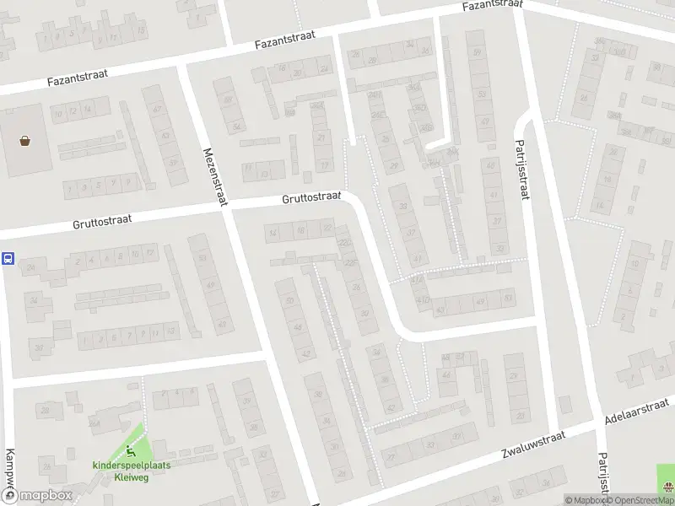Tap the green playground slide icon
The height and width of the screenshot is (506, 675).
[130, 451]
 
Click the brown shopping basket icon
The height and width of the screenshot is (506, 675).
[26, 141]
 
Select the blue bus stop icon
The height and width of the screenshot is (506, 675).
[8, 259]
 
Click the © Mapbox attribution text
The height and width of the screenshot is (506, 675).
[583, 500]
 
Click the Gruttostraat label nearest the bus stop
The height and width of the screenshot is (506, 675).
[103, 221]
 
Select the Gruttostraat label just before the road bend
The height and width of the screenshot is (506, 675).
[311, 198]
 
